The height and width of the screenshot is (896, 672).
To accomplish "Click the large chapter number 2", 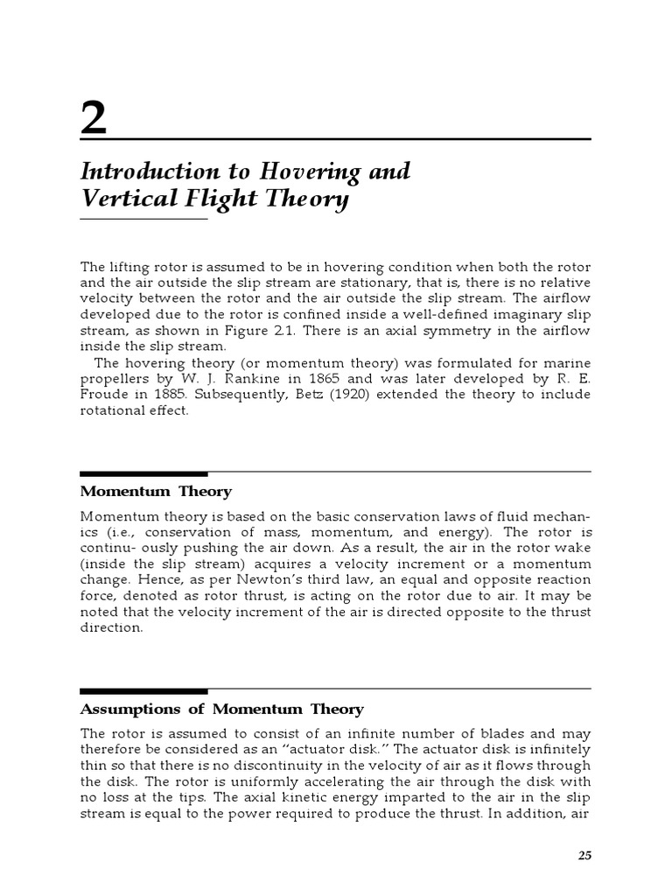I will pos(94,119).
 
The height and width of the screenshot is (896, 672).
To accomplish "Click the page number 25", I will pos(584,855).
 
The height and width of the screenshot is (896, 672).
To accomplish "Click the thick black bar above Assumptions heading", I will pos(143,691).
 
